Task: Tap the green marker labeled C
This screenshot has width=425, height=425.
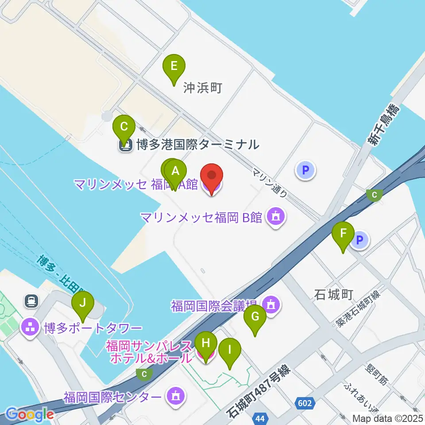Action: pos(124,128)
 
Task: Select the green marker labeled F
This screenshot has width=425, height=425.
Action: pos(344,235)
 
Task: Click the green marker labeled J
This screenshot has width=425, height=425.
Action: pos(83,305)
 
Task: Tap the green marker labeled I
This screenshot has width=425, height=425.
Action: pos(230,352)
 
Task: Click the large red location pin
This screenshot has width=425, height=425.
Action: pos(212,177)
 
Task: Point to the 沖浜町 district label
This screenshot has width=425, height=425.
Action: pos(202,88)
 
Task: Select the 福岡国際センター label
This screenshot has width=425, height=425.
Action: pos(112,396)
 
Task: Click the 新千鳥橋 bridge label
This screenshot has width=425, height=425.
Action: pos(382,125)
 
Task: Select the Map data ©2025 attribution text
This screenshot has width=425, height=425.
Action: pos(387,418)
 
